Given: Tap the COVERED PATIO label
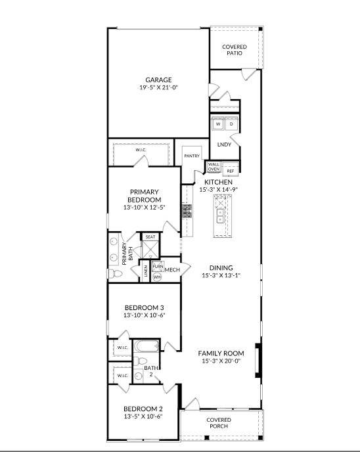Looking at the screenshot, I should pyautogui.click(x=235, y=49).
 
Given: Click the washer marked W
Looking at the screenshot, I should pyautogui.click(x=218, y=124).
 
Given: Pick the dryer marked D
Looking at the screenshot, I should pyautogui.click(x=231, y=124).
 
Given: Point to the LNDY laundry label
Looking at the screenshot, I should pyautogui.click(x=224, y=145).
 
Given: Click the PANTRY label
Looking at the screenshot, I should pyautogui.click(x=192, y=156).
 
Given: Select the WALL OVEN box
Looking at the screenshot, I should pyautogui.click(x=214, y=168).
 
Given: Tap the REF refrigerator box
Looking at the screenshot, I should pyautogui.click(x=230, y=171).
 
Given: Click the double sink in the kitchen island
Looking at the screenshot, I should pyautogui.click(x=221, y=215).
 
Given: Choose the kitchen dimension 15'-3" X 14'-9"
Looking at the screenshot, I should pyautogui.click(x=218, y=189).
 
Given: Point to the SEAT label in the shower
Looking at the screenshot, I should pyautogui.click(x=150, y=237).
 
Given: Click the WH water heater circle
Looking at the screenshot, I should pyautogui.click(x=157, y=277).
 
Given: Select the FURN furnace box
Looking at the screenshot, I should pyautogui.click(x=158, y=267).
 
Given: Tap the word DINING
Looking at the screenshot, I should pyautogui.click(x=221, y=268).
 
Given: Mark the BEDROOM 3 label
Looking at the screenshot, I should pyautogui.click(x=144, y=307).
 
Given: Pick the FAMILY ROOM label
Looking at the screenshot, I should pyautogui.click(x=221, y=353).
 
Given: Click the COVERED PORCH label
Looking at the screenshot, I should pyautogui.click(x=219, y=422).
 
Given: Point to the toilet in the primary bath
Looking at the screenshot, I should pyautogui.click(x=112, y=274).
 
